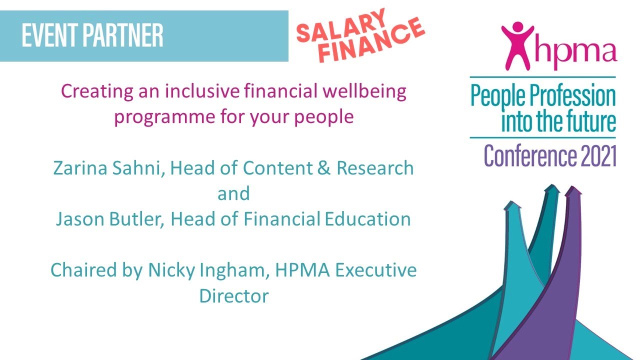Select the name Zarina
tap(80, 168)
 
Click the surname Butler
tap(136, 219)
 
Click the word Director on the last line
tap(234, 296)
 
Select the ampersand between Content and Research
tap(325, 168)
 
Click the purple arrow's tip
tap(573, 190)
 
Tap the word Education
tap(367, 219)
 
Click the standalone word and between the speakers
tap(233, 193)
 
